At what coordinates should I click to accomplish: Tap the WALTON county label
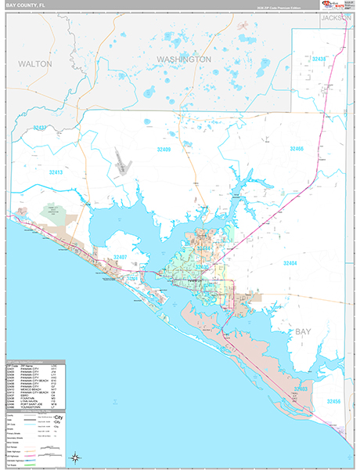tap(35, 63)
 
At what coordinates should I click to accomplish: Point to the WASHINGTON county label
tap(183, 59)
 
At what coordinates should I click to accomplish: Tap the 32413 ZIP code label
tap(56, 172)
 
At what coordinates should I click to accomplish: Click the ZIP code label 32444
tap(205, 248)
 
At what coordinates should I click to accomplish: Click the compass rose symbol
tap(75, 457)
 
